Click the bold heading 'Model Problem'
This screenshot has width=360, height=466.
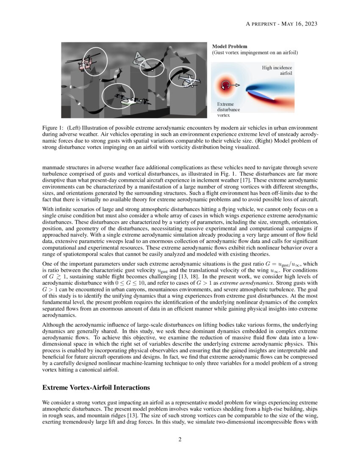(x=230, y=46)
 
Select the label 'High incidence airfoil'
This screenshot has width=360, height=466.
(x=277, y=70)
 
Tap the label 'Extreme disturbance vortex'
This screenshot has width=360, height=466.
(x=228, y=109)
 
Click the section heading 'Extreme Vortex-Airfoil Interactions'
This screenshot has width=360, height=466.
(x=96, y=387)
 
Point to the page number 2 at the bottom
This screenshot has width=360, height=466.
(x=180, y=439)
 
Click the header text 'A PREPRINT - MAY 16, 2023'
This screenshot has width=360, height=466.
(x=281, y=24)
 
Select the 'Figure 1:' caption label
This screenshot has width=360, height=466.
(x=53, y=128)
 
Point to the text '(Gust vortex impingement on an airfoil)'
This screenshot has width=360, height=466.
(x=255, y=53)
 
